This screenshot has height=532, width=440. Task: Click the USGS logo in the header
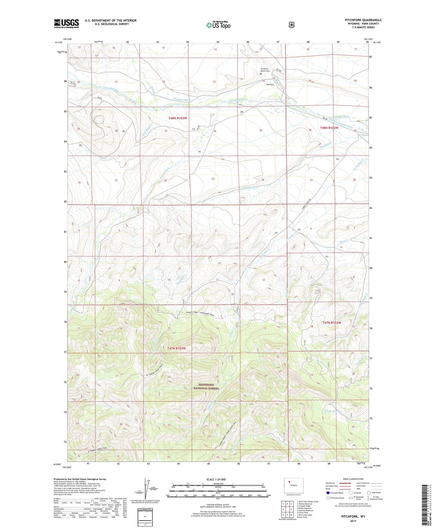pos(66,23)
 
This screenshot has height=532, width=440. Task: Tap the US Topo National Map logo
pos(218,25)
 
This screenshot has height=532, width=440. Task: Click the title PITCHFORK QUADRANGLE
pos(363,20)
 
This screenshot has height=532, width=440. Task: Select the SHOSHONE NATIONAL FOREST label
pos(206,386)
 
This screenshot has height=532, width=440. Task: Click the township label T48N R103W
pos(177,118)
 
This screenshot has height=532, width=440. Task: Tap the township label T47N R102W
pos(332,323)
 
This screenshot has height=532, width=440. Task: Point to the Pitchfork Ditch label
pos(182,100)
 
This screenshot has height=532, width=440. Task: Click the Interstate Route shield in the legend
pos(328,493)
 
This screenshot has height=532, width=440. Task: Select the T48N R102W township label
pos(329,128)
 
